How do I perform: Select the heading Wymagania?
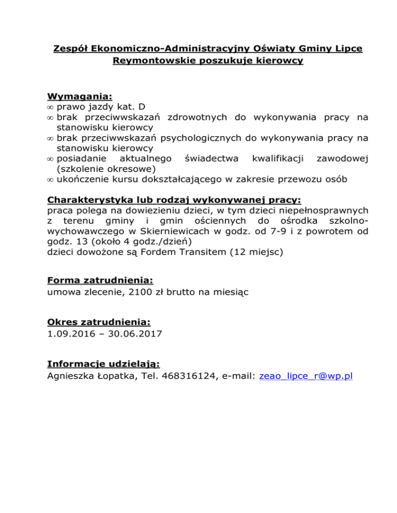80,97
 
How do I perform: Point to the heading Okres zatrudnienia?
99,322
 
